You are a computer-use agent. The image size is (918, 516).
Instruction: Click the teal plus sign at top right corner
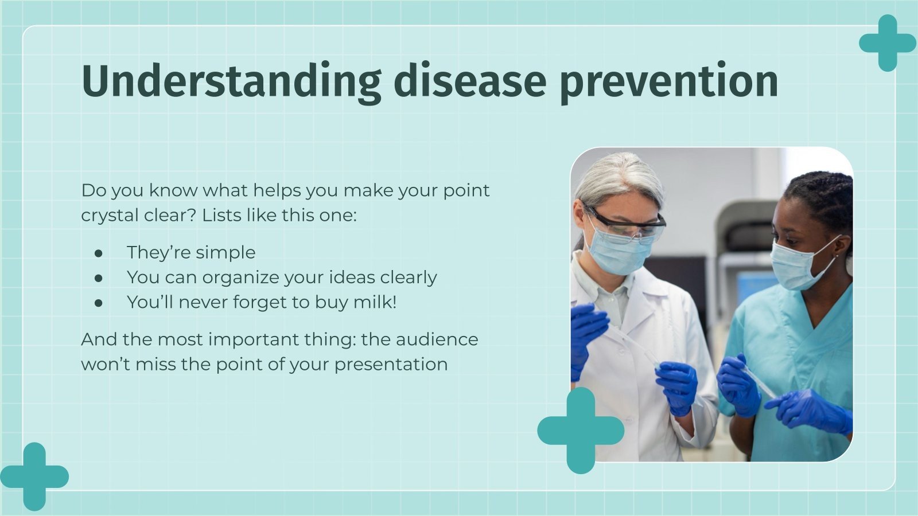point(887,43)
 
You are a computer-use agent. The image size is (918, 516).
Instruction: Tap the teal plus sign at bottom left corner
point(34,476)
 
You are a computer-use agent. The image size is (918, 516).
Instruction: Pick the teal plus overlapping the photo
point(580,431)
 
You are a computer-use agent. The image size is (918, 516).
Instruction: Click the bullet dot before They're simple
point(99,253)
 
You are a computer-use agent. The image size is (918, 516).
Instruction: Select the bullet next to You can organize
point(99,277)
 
